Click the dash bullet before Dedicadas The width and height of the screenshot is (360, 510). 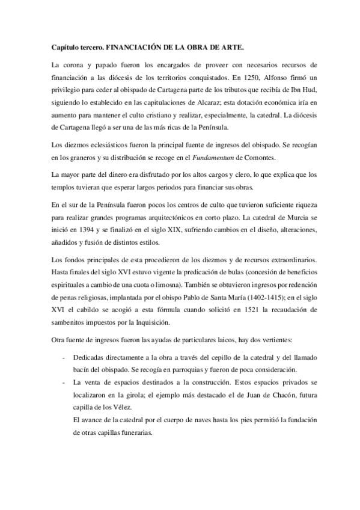pos(64,357)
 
